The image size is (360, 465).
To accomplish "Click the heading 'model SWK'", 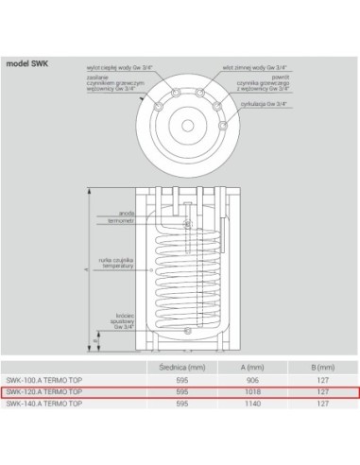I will (28, 64).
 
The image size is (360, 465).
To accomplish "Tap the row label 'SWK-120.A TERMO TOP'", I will (43, 390).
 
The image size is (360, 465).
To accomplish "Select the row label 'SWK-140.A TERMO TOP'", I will (43, 403).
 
